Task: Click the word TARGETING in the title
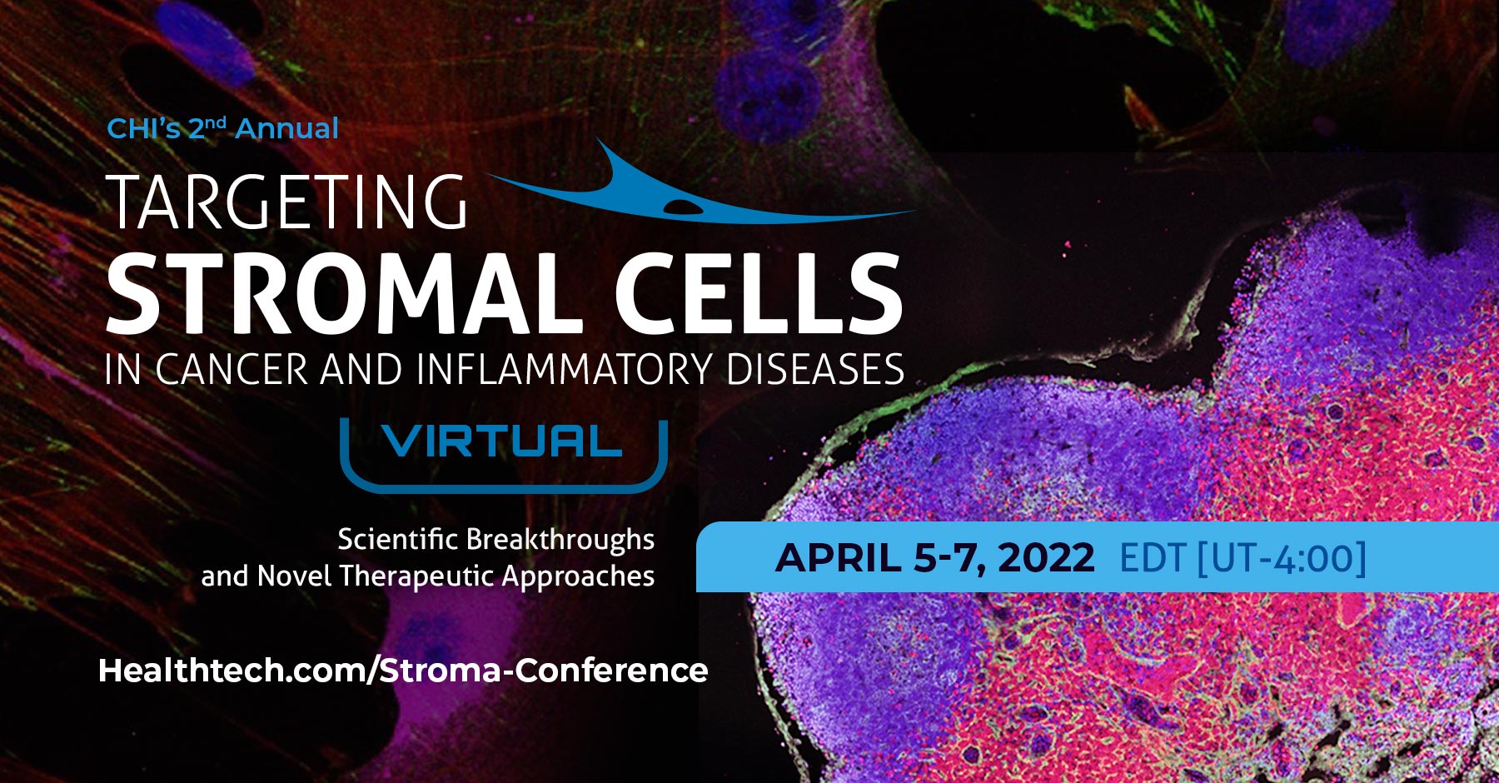click(x=287, y=202)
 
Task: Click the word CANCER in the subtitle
click(x=232, y=370)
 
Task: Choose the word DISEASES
click(x=814, y=370)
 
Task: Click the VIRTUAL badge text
click(x=503, y=441)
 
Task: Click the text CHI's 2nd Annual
click(x=222, y=128)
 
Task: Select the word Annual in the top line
click(x=287, y=129)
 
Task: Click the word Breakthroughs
click(x=560, y=540)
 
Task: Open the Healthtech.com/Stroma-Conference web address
click(x=403, y=671)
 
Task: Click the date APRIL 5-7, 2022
click(x=934, y=557)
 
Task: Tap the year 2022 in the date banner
click(x=1046, y=557)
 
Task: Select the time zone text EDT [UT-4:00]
click(x=1243, y=557)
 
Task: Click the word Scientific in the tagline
click(x=397, y=540)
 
